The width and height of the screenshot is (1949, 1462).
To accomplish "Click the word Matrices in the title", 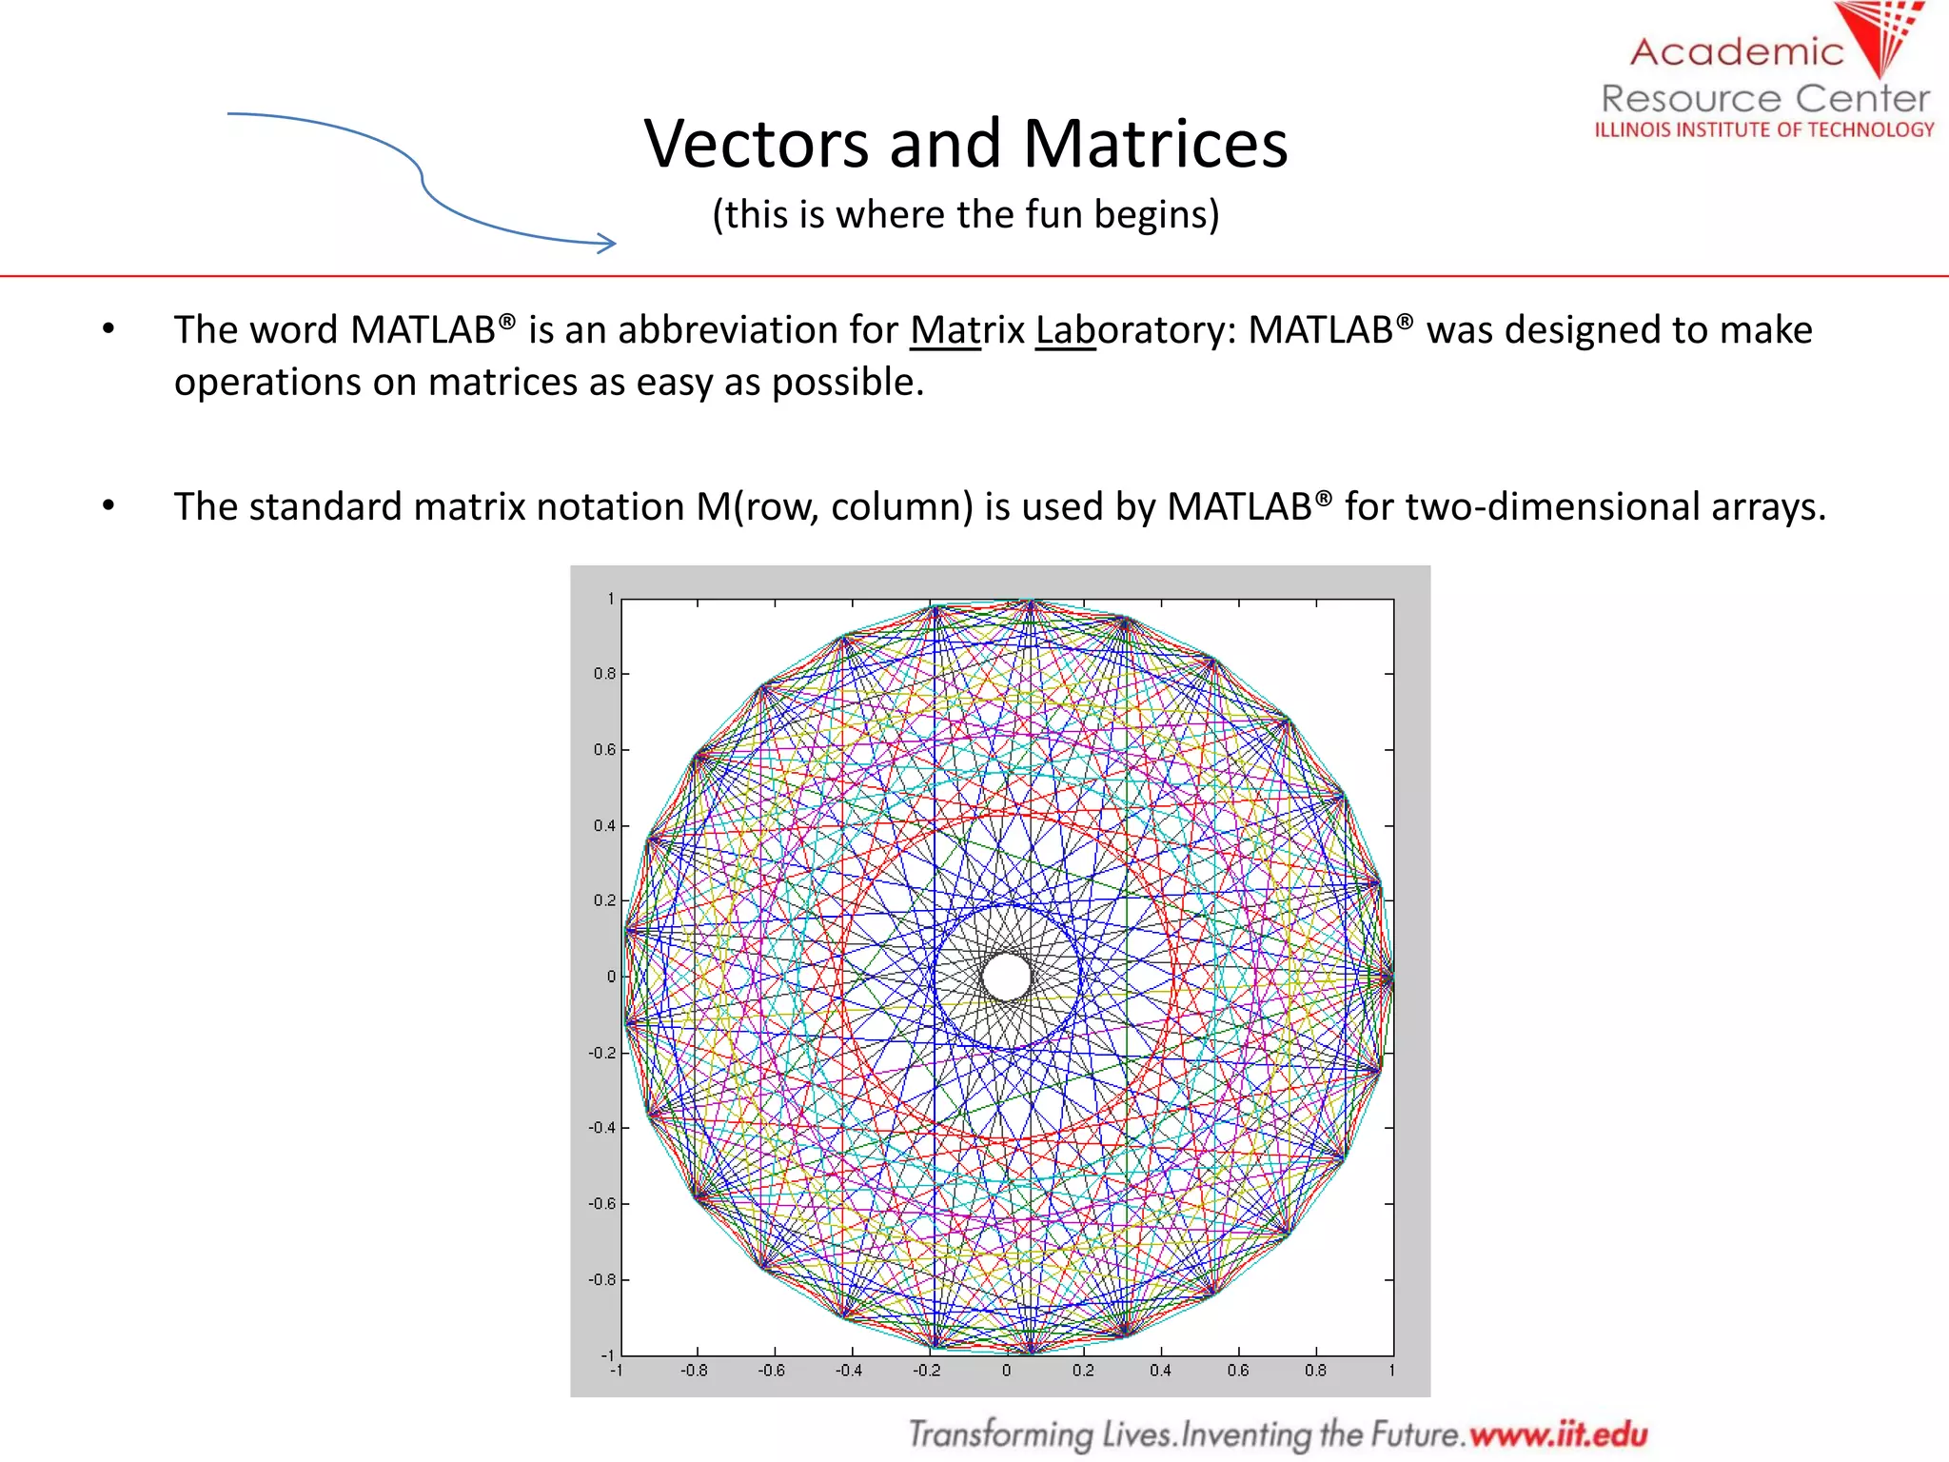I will pos(1155,145).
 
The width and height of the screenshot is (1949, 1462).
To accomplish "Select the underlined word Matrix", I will pos(967,330).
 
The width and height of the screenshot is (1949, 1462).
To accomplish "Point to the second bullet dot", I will pos(108,505).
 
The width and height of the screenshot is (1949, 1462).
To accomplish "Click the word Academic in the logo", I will pos(1737,51).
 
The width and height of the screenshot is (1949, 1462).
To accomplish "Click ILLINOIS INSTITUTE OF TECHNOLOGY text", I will pos(1764,129).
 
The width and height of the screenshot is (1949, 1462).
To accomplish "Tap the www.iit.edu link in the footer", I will pos(1558,1433).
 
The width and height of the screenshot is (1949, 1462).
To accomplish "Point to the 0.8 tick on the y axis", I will pos(604,674).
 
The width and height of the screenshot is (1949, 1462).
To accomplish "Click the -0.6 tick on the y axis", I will pos(601,1204).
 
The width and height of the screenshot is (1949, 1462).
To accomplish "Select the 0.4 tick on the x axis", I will pos(1160,1371).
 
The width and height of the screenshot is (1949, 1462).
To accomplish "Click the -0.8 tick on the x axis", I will pos(694,1371).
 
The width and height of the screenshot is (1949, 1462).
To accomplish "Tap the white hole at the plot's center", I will pos(1006,977).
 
